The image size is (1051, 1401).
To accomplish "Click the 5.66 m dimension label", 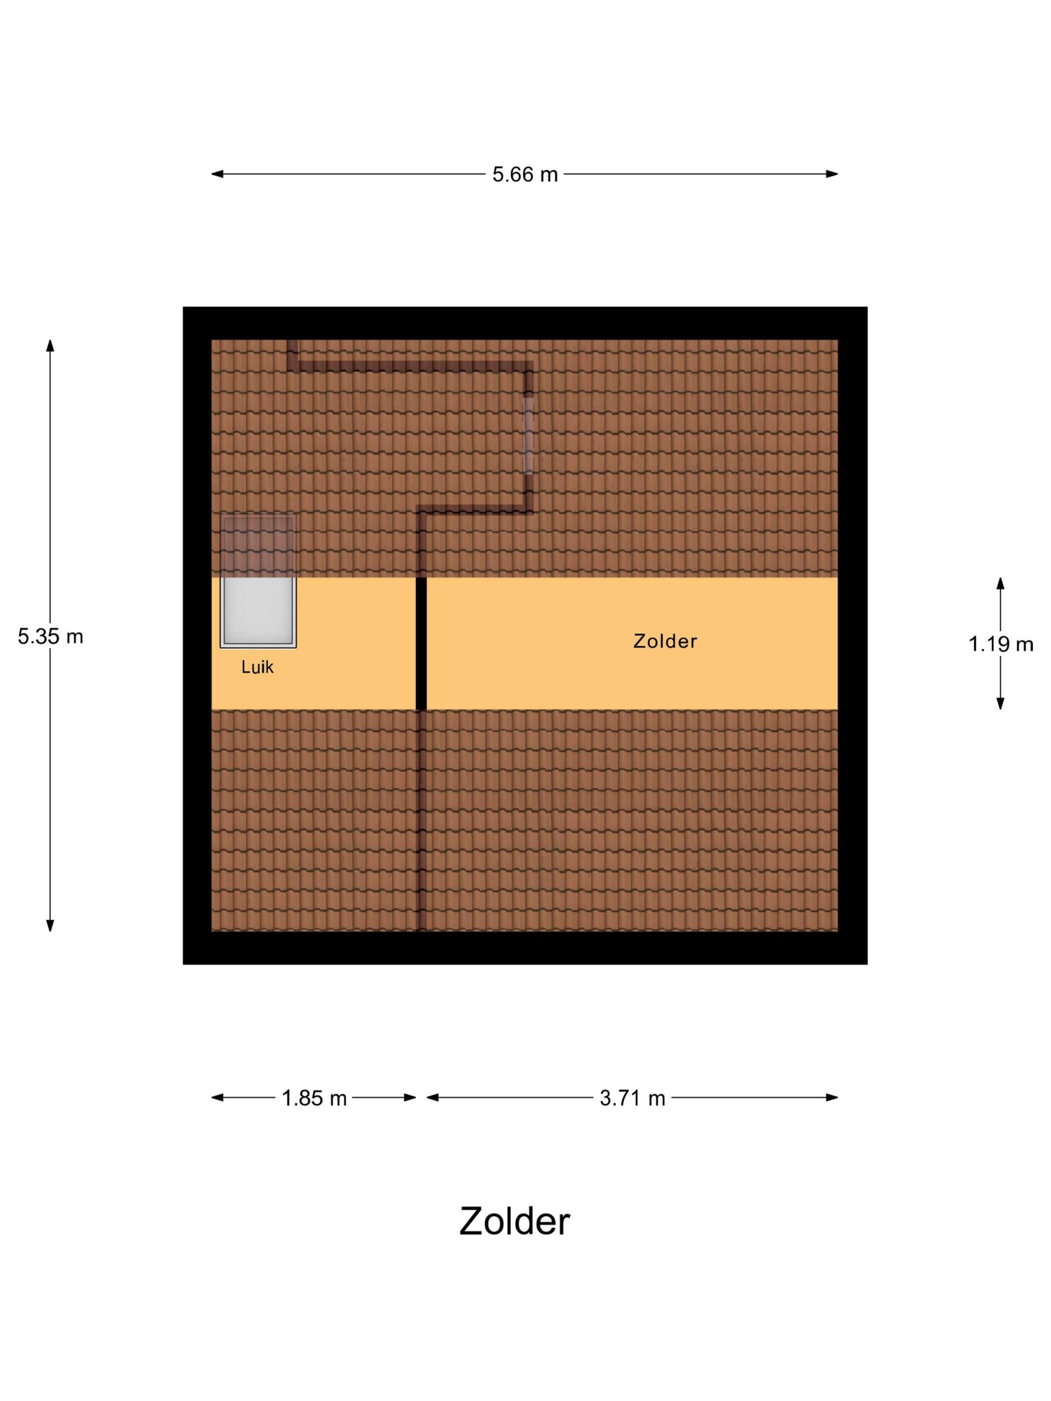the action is (x=524, y=174).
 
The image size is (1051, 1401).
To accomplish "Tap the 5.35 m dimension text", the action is (x=50, y=636).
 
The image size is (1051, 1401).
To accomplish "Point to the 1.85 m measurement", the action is (x=314, y=1098).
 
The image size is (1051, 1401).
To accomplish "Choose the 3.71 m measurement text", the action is (x=632, y=1098).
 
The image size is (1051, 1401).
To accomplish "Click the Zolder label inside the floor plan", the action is (x=665, y=641).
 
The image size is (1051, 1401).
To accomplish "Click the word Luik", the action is (x=257, y=667).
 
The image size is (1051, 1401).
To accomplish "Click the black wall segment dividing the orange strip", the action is (x=421, y=643).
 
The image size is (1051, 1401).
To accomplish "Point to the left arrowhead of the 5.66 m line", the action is (x=217, y=174).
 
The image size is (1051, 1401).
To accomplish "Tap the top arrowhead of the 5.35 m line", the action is (x=50, y=345).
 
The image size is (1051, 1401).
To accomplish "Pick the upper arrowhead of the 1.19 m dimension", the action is (x=1000, y=583).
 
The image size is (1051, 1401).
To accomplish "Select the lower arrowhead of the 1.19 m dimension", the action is (x=1000, y=704).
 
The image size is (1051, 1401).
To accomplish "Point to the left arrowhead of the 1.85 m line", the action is (x=217, y=1098).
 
